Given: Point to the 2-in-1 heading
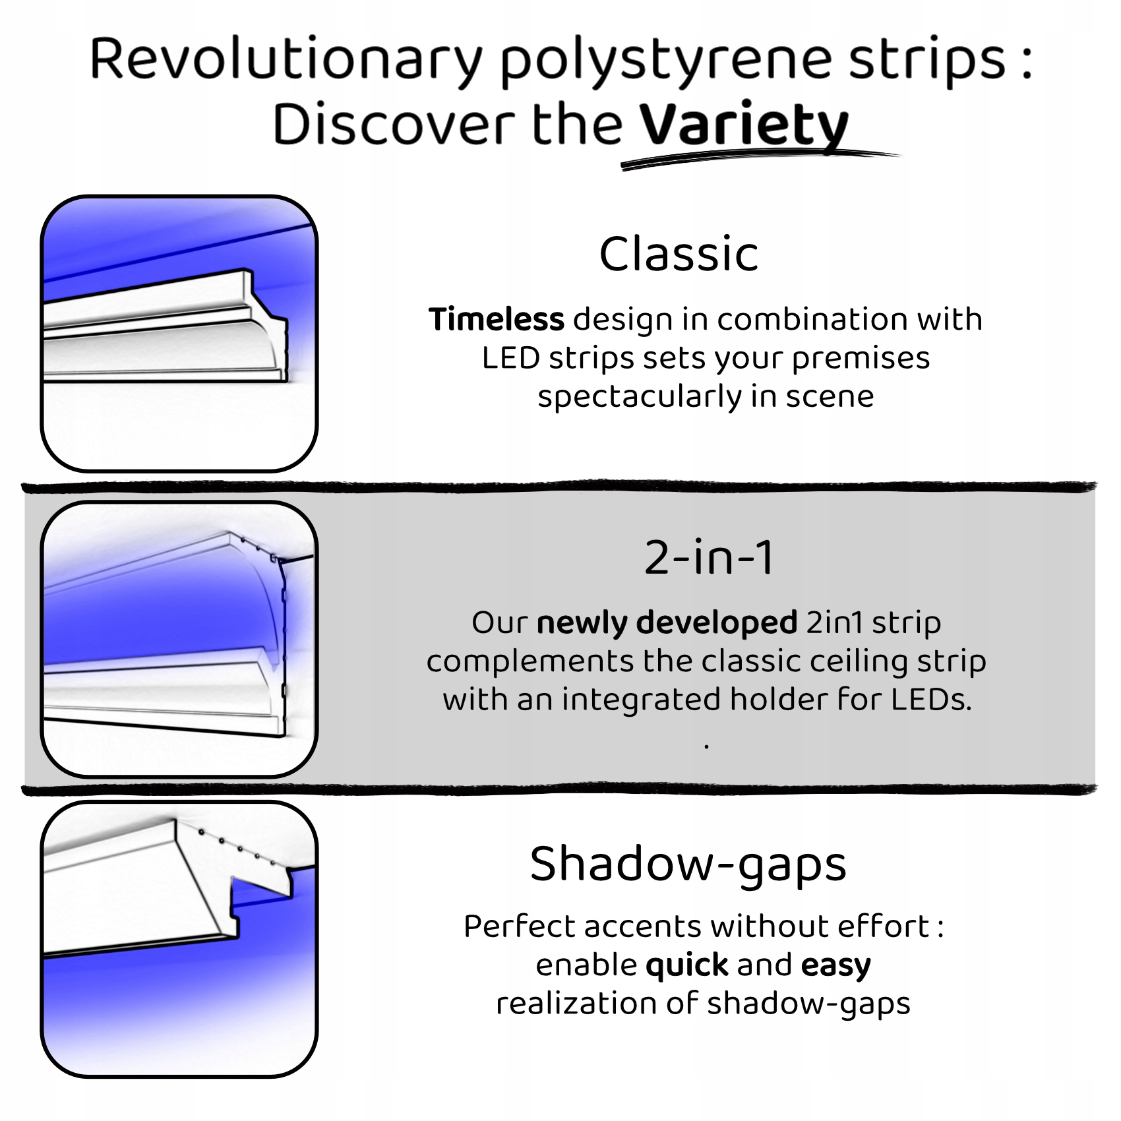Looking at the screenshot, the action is coord(708,558).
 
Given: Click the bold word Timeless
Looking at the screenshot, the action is coord(497,319).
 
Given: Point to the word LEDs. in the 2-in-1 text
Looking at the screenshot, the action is coord(932,700).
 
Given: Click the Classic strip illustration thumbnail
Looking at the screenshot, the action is coord(179,333).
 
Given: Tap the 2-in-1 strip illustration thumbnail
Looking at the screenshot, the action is coord(179,639).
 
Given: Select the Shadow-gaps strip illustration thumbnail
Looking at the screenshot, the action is coord(179,939).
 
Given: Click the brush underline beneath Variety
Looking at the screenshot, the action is coord(758,160).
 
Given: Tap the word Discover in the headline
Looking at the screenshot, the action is coord(394,125).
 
